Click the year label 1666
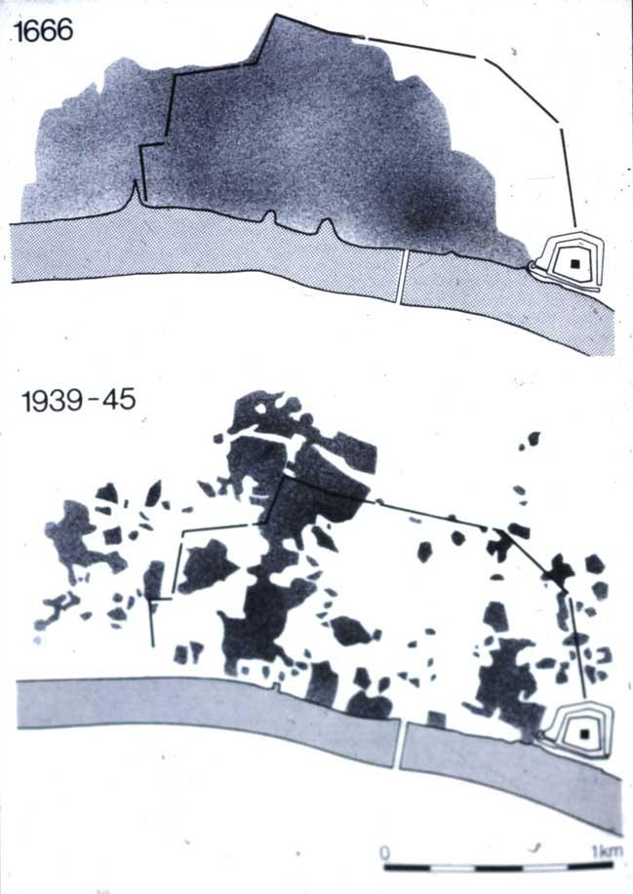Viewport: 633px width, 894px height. (42, 31)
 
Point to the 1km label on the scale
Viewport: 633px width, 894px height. (606, 852)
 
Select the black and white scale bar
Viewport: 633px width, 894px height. (495, 866)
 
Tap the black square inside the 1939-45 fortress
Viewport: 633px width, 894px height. (583, 731)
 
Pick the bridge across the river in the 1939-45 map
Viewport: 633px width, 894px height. (402, 745)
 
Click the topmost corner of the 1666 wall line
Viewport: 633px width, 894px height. (276, 16)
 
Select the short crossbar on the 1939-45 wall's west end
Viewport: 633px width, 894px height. (160, 599)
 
